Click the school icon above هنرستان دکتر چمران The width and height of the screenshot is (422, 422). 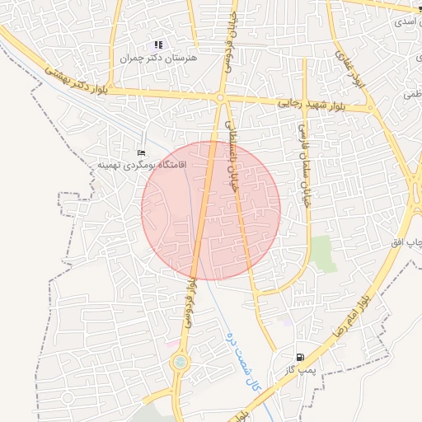coord(158,45)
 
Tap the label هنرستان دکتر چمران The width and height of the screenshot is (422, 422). coord(149,58)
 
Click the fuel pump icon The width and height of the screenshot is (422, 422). coord(299,358)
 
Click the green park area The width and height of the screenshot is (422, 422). coord(322,252)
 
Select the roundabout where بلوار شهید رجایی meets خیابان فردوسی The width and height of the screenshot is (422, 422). coord(221,98)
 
